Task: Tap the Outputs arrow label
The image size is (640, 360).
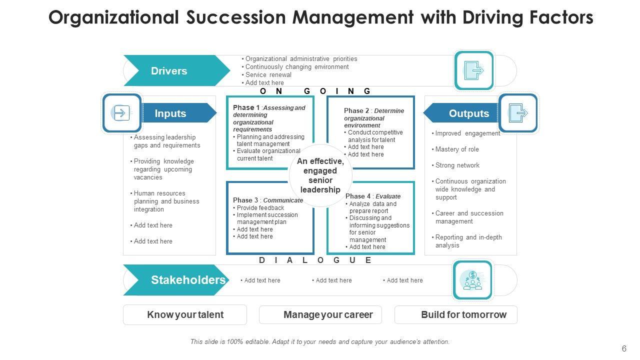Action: coord(465,113)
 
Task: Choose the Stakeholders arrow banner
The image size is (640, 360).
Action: coord(180,280)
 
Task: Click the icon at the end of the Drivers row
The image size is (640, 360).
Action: coord(473,70)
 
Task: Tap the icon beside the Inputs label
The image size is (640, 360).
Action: coord(122,113)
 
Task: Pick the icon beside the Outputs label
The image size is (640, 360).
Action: coord(518,113)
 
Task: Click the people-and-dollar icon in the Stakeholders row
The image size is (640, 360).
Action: coord(472,280)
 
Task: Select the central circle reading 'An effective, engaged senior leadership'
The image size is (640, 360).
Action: coord(320,175)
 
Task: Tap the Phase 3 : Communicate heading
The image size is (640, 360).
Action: coord(268,200)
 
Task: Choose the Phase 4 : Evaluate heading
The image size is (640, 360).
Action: coord(373,196)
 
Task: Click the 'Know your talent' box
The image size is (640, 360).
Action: coord(185,315)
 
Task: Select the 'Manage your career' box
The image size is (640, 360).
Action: coord(320,315)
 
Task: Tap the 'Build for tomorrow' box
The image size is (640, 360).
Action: coord(456,315)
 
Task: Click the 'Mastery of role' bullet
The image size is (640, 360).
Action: coord(457,149)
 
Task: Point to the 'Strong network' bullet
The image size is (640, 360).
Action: coord(457,165)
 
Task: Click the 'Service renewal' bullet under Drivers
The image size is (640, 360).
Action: coord(268,74)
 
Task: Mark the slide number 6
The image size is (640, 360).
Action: coord(623,348)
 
